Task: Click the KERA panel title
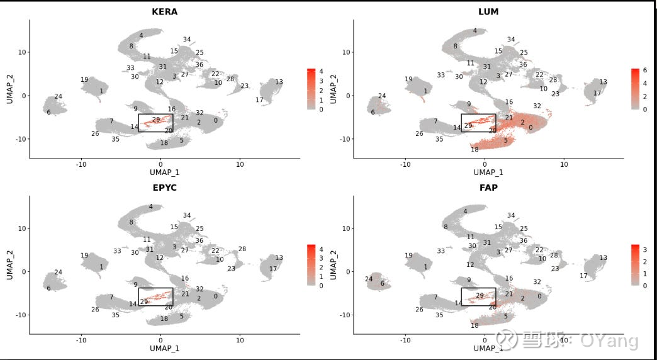tap(164, 12)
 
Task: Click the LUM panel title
tap(488, 12)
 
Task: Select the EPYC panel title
tap(164, 188)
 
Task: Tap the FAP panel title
tap(488, 188)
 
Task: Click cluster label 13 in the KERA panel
tap(279, 82)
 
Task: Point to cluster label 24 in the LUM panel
tap(381, 96)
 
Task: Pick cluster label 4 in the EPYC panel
tap(150, 206)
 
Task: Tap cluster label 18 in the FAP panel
tap(474, 325)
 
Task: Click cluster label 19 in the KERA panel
tap(84, 79)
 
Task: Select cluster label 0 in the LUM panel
tap(531, 128)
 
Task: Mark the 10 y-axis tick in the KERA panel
tap(21, 52)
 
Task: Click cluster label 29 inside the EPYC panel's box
tap(143, 301)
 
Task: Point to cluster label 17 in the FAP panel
tap(583, 276)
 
